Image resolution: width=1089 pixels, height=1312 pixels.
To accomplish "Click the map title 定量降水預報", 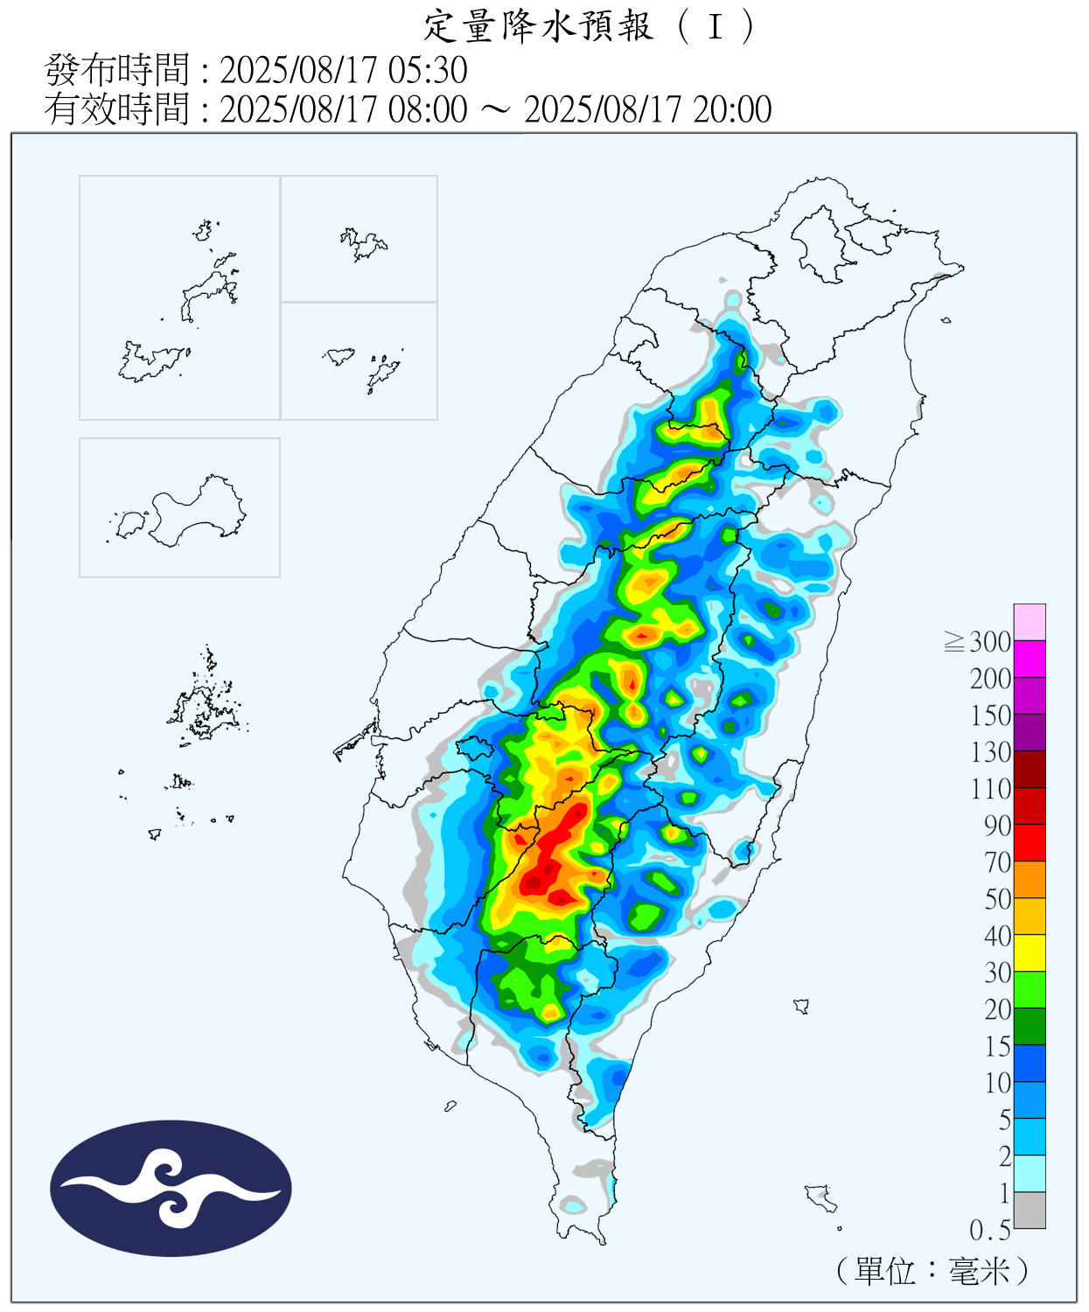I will click(539, 26).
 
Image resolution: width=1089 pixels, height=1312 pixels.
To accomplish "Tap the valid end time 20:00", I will click(732, 110).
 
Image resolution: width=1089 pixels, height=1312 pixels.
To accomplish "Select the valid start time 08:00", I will click(428, 110).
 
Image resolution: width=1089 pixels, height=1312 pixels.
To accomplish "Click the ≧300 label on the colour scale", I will click(979, 642).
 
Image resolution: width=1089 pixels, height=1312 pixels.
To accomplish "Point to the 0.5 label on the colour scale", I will click(989, 1231).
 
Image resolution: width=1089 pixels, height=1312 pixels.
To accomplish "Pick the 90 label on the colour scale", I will click(997, 826).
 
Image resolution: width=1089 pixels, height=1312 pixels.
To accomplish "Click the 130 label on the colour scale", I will click(990, 752).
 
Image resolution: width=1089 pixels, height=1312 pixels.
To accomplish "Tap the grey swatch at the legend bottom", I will click(1030, 1211).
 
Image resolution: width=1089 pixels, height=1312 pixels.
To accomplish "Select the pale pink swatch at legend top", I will click(1030, 622).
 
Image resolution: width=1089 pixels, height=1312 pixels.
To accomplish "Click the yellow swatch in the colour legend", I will click(1030, 953).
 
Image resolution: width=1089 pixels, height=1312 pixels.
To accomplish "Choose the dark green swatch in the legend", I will click(1030, 1026).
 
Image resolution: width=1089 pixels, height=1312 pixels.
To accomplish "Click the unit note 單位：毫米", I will click(932, 1271).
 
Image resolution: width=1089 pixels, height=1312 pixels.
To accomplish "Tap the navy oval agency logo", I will click(171, 1189).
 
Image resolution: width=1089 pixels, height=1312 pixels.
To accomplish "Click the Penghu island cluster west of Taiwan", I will click(204, 708).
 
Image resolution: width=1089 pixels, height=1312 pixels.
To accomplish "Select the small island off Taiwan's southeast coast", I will click(801, 1006).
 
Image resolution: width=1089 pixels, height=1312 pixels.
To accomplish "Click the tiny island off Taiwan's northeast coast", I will click(946, 320).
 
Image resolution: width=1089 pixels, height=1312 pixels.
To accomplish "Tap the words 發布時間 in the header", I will click(116, 71).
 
